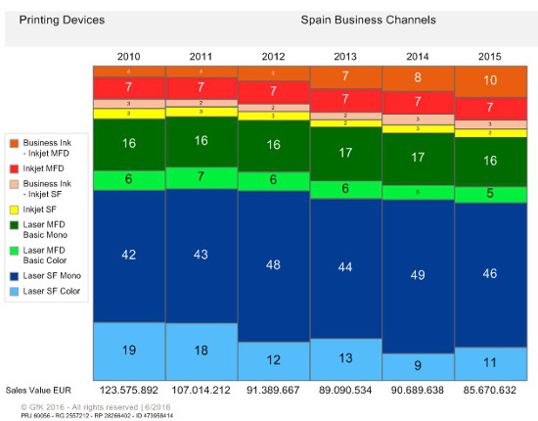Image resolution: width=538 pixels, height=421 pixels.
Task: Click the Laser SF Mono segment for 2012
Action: (274, 265)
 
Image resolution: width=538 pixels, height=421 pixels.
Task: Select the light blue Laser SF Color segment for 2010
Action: (129, 350)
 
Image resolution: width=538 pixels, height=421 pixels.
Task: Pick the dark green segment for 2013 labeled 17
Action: (346, 154)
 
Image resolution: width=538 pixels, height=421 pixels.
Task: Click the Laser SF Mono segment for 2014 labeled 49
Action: (419, 273)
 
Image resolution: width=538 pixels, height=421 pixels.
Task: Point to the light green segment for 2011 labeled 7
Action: (202, 176)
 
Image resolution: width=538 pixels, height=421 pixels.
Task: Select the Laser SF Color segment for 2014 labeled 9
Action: (419, 366)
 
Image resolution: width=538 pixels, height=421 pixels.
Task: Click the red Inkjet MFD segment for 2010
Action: (129, 88)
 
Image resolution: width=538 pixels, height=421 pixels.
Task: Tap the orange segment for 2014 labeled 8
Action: (419, 77)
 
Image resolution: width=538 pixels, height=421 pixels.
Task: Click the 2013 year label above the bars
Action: (346, 57)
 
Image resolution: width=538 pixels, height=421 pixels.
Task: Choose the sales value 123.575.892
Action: (129, 390)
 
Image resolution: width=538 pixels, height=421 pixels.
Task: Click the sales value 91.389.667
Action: (274, 390)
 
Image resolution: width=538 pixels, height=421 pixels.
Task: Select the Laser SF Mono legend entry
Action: (49, 276)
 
